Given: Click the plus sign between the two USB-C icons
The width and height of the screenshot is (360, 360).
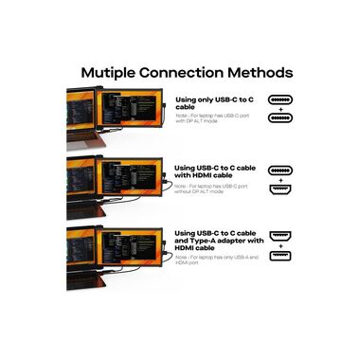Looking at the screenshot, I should tap(279, 108).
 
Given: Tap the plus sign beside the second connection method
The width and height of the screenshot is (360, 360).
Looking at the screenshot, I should tap(279, 177).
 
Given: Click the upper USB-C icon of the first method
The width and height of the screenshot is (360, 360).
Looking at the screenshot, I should tap(279, 98).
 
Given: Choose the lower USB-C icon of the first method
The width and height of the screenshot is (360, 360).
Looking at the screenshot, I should tap(279, 118).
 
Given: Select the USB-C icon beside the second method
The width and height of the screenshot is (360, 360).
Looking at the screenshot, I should tap(279, 167).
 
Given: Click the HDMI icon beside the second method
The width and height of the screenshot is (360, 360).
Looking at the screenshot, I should tap(279, 188).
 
